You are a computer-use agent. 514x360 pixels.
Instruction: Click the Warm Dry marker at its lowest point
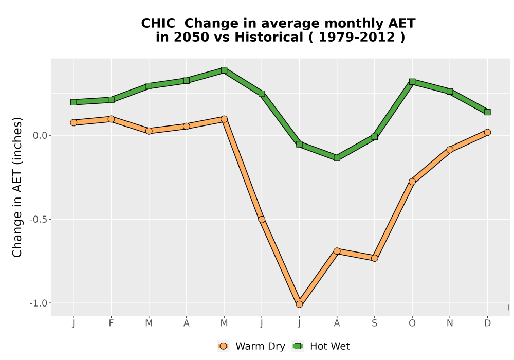(x=299, y=304)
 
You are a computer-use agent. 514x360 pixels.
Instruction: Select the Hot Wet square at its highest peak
(x=224, y=70)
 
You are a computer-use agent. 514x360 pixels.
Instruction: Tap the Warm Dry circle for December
(x=487, y=132)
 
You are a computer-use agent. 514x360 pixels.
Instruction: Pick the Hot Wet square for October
(x=412, y=82)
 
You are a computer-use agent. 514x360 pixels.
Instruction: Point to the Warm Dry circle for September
(x=375, y=258)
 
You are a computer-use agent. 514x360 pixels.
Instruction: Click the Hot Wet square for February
(x=111, y=100)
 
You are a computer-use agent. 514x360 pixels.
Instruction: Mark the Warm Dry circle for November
(x=450, y=150)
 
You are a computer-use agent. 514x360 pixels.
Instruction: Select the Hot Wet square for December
(x=487, y=112)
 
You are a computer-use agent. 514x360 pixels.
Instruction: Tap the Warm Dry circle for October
(x=412, y=182)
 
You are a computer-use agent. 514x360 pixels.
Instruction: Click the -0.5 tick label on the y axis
(x=39, y=220)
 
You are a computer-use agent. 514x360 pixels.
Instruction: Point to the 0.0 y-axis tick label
(x=40, y=135)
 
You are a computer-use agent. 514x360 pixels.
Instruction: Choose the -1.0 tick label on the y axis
(x=39, y=303)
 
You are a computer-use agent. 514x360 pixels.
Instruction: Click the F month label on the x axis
(x=111, y=323)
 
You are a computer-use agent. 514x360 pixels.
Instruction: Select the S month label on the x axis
(x=375, y=323)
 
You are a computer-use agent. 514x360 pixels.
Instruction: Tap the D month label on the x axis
(x=487, y=323)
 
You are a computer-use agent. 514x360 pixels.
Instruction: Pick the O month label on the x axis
(x=412, y=323)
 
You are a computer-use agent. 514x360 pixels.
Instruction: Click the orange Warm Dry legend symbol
(x=223, y=346)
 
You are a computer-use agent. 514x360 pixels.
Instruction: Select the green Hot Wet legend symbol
(x=298, y=346)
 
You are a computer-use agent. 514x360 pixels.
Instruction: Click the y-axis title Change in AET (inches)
(x=17, y=187)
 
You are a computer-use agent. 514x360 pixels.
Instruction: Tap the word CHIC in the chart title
(x=158, y=24)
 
